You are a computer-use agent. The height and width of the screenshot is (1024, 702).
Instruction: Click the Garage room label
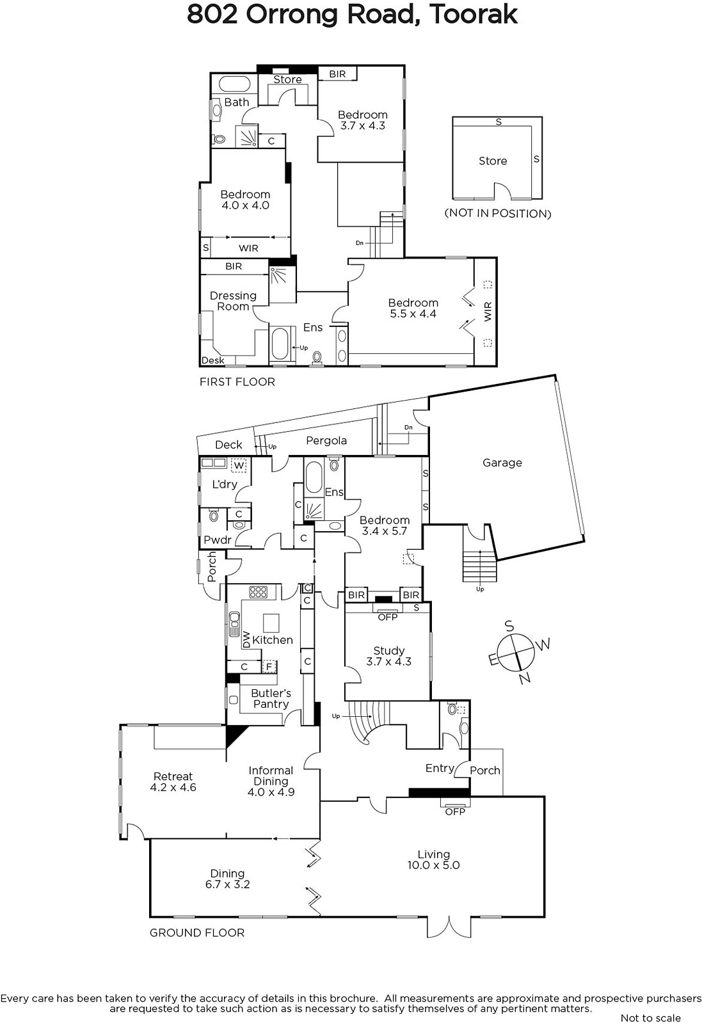(502, 463)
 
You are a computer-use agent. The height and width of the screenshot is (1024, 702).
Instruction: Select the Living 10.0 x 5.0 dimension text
(433, 865)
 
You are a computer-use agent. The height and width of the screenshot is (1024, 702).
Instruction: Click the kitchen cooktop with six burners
(259, 592)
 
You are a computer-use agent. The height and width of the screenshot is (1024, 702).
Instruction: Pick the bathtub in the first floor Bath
(234, 84)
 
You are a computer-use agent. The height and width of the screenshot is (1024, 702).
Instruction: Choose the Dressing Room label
(233, 301)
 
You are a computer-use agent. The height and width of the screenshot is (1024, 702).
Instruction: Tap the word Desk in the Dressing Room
(213, 360)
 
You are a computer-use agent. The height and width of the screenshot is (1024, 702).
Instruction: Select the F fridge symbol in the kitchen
(269, 666)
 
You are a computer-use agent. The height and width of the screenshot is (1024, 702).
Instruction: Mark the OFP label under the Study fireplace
(388, 617)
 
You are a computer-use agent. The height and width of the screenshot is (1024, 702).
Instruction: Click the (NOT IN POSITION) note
(498, 214)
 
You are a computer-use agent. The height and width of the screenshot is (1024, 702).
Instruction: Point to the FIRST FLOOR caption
(237, 381)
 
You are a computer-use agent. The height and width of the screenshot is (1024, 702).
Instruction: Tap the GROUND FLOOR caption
(197, 932)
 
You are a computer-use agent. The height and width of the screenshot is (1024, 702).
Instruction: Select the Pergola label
(326, 441)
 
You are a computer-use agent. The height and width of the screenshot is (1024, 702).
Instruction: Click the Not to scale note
(650, 1018)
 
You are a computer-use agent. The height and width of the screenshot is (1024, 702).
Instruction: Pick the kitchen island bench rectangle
(271, 623)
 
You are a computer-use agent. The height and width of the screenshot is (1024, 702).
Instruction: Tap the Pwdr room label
(218, 540)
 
